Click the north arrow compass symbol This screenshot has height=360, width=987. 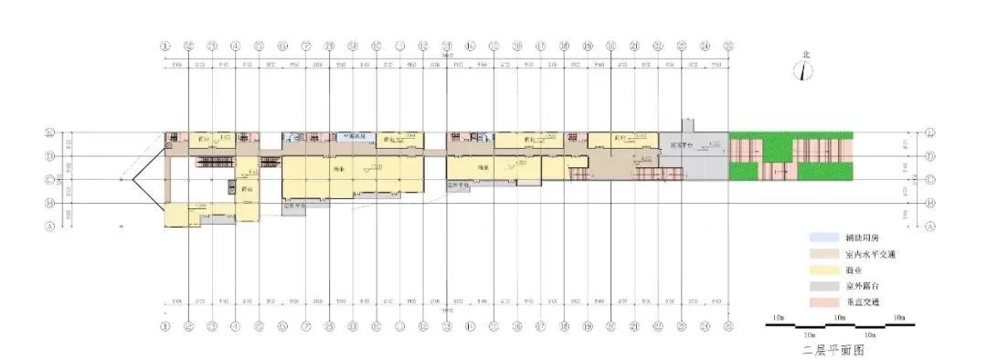802,68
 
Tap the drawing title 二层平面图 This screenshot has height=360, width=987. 833,349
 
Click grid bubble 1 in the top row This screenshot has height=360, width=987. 165,45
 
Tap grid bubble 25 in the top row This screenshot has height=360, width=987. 728,45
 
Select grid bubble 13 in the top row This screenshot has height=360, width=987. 447,45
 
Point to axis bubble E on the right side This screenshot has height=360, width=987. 931,132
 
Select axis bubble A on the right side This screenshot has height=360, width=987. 931,226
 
